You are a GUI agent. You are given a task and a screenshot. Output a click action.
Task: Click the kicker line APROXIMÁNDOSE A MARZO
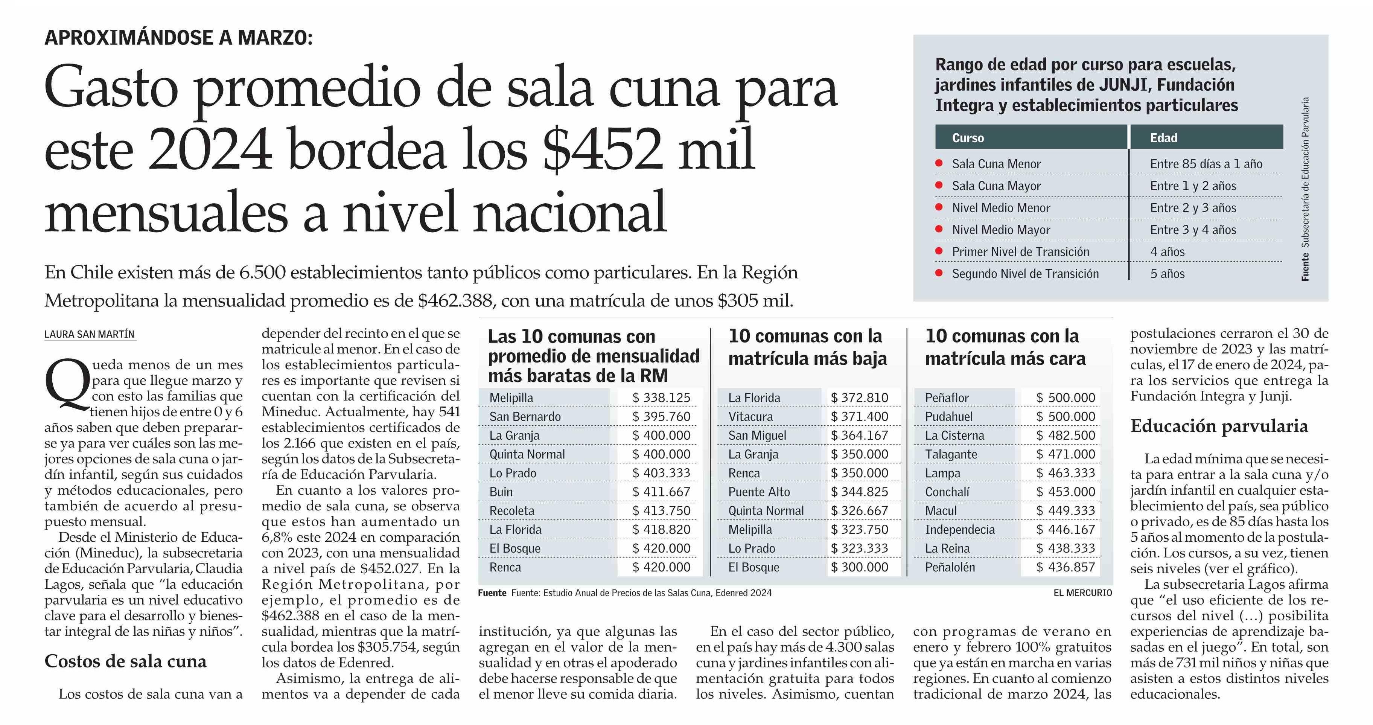click(x=178, y=38)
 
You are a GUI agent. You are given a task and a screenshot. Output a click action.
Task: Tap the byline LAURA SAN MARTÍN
click(x=90, y=334)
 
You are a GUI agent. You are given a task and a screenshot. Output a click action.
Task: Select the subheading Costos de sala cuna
click(x=125, y=661)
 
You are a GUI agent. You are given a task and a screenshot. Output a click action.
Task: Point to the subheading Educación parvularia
click(x=1219, y=426)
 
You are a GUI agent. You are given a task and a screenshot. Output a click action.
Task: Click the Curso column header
click(x=968, y=138)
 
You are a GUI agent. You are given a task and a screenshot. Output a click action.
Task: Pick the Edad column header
click(x=1163, y=138)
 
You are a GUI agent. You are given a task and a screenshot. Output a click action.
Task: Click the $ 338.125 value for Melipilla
click(x=661, y=398)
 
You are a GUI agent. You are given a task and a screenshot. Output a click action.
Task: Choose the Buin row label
click(x=501, y=492)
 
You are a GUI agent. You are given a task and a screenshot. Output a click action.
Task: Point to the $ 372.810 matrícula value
click(x=859, y=398)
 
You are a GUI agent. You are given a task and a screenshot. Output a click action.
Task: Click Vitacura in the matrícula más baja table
click(x=750, y=416)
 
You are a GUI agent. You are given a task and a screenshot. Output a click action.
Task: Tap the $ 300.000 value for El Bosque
click(x=859, y=567)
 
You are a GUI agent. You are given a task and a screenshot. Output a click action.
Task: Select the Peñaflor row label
click(x=947, y=398)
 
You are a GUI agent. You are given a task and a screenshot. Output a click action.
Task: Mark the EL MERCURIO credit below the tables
click(x=1082, y=593)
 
